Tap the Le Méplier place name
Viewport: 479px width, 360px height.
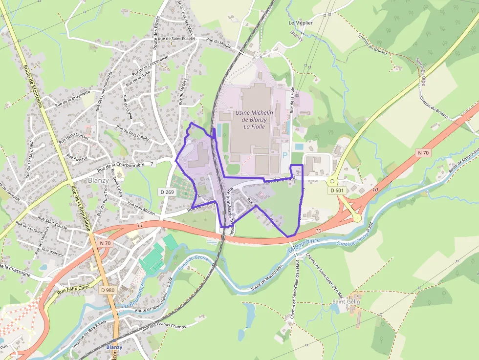(x=301, y=22)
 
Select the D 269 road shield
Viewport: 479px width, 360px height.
(x=167, y=192)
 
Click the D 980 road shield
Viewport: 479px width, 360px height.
(x=108, y=290)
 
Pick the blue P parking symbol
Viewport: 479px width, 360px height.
(x=285, y=155)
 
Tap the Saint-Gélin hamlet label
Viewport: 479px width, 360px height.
(x=346, y=302)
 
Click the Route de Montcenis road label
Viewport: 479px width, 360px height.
(x=33, y=86)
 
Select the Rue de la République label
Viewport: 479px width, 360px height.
(x=81, y=207)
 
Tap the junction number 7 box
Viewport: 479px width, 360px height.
(x=152, y=164)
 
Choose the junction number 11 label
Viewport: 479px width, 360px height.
(x=140, y=225)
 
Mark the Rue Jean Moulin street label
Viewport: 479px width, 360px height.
(x=141, y=208)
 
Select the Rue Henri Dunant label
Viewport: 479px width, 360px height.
(x=74, y=138)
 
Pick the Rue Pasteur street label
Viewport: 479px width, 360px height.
(x=77, y=158)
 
